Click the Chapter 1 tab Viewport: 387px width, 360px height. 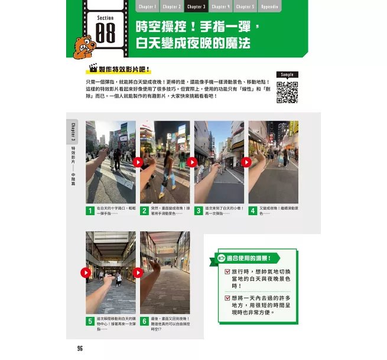coord(147,7)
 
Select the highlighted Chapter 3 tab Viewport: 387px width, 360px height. coord(196,7)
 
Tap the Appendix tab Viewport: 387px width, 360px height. coord(268,7)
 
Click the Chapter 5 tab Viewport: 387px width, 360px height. coord(243,7)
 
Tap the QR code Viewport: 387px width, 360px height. coord(287,92)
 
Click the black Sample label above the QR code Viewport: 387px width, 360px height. coord(287,75)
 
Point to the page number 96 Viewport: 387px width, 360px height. coord(80,348)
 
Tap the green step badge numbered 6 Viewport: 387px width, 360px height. coord(144,322)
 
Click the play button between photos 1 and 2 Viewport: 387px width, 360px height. coord(138,162)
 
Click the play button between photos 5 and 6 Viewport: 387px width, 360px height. coord(138,273)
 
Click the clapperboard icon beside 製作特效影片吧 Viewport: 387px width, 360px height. coord(92,69)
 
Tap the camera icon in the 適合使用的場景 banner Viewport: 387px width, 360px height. coord(222,258)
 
